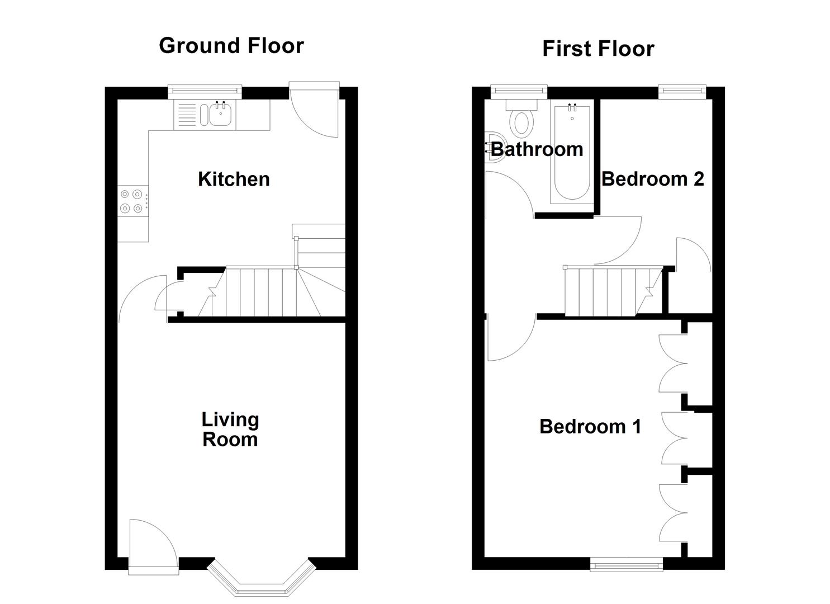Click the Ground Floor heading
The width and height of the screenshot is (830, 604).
coord(231,45)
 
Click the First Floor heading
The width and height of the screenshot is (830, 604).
coord(597,49)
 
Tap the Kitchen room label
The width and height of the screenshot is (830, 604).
coord(234,179)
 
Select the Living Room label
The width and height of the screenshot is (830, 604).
coord(230,430)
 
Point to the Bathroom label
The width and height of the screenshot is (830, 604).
coord(537,149)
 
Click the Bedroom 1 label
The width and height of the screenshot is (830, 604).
coord(590,427)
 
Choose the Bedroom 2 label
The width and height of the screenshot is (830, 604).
coord(652,179)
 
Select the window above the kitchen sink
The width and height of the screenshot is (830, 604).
coord(205,89)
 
